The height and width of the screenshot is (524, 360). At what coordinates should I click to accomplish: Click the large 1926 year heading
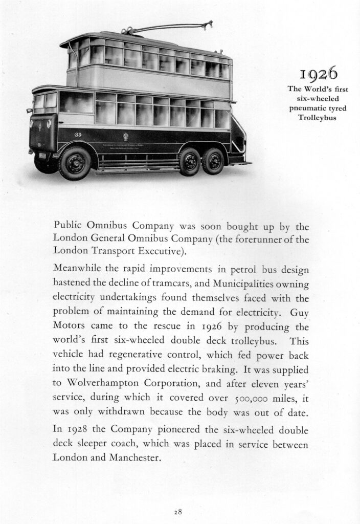(x=319, y=75)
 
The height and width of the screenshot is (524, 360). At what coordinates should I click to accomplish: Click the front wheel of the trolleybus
(x=75, y=163)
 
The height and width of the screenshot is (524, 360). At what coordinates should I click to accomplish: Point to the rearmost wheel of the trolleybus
(x=214, y=161)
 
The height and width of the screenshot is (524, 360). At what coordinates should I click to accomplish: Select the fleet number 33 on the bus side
(x=78, y=135)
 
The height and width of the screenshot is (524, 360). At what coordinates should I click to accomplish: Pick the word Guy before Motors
(x=300, y=312)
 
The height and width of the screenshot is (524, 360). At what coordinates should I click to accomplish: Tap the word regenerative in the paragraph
(x=122, y=354)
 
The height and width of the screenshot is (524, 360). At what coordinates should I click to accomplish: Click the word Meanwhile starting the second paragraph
(x=76, y=269)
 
